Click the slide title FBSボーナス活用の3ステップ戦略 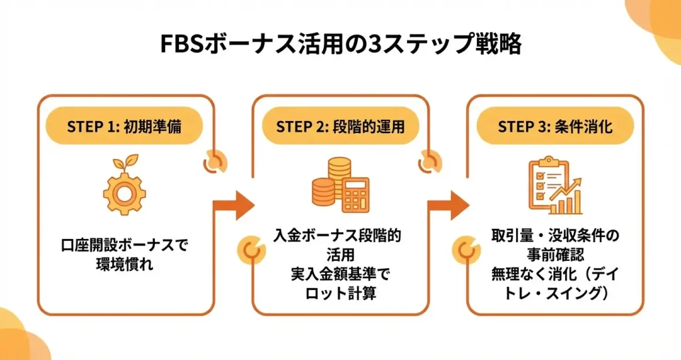coord(341,44)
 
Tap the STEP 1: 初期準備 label coord(124,126)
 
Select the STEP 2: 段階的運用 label coord(340,126)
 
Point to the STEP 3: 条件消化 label coord(555,126)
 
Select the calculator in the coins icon coord(355,195)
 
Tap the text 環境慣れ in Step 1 coord(124,264)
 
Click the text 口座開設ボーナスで coord(124,246)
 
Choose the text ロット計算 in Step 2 coord(340,293)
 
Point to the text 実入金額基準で coord(340,274)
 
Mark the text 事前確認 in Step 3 coord(555,255)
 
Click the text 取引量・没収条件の coord(555,236)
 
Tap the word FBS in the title coord(182,45)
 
